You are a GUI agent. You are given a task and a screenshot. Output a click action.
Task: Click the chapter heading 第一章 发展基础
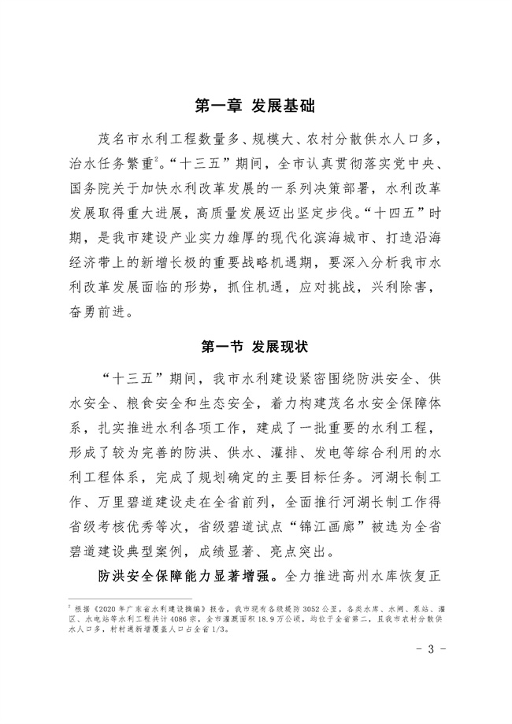point(255,105)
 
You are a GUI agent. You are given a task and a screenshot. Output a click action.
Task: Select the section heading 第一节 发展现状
point(255,345)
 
